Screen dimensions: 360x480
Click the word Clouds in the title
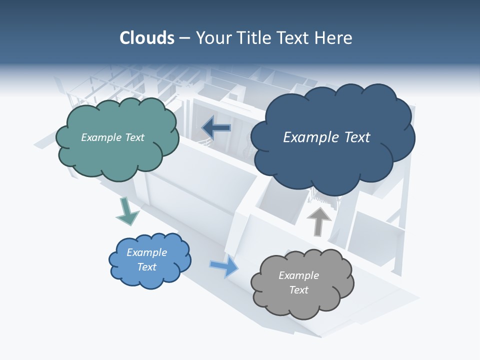click(x=146, y=38)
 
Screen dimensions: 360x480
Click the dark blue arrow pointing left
click(x=216, y=128)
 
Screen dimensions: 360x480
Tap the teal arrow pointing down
click(x=126, y=211)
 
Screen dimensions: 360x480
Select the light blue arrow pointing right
click(x=224, y=265)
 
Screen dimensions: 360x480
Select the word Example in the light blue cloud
click(x=146, y=252)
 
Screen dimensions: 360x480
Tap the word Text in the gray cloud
click(x=298, y=290)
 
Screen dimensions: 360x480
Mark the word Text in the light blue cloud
click(x=146, y=267)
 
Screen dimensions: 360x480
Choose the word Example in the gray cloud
click(x=298, y=275)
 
